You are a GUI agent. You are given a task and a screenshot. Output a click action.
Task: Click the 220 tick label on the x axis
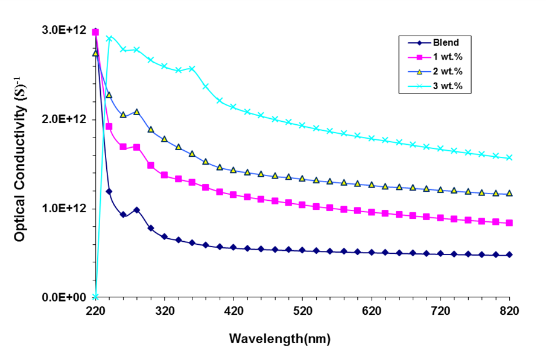click(x=95, y=311)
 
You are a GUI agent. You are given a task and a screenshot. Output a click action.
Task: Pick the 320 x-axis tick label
click(x=165, y=311)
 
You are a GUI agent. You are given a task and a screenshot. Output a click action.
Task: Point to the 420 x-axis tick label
click(x=233, y=311)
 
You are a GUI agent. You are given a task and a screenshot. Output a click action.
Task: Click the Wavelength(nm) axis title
click(x=279, y=339)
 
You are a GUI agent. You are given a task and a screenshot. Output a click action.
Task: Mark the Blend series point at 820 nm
click(x=510, y=254)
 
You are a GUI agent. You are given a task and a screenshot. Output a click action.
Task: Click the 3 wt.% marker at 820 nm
click(x=510, y=158)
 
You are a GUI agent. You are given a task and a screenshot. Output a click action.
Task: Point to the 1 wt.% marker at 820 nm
click(x=510, y=223)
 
